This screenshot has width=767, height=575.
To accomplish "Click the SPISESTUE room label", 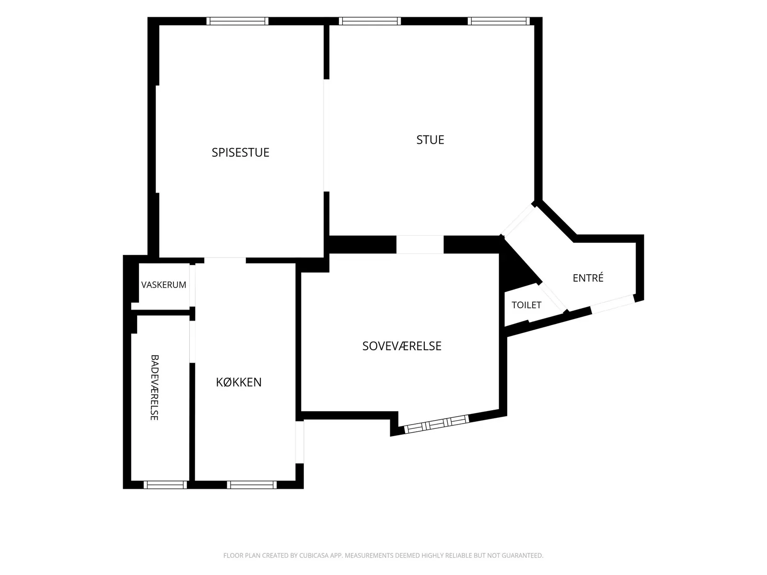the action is pos(241,152).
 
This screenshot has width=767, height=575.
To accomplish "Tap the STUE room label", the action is pos(430,139).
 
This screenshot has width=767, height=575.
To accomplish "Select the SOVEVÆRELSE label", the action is pos(402,346).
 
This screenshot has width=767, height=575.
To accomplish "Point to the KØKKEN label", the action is pos(239,382).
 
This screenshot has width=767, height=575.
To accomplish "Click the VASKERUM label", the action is pos(163,285).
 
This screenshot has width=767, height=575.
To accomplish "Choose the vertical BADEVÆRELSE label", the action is pos(154,388).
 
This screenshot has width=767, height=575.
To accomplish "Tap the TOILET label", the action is pos(526,305).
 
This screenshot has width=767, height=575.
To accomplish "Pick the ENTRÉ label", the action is pos(588,278).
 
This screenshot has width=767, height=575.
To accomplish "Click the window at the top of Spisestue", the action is pos(237,21).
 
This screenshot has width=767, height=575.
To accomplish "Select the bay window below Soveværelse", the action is pos(437,424).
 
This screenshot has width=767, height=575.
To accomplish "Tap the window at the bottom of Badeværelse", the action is pos(165,485).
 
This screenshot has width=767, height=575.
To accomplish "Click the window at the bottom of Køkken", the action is pos(252,485).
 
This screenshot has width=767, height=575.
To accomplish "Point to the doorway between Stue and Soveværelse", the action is pos(420,244).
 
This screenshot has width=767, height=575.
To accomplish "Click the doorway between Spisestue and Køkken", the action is pos(225,261).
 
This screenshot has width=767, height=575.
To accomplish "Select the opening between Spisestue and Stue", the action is pos(326,136).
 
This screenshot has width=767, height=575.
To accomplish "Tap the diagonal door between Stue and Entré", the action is pos(519,220).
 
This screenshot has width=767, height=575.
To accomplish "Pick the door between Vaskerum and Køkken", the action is pos(192,286).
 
